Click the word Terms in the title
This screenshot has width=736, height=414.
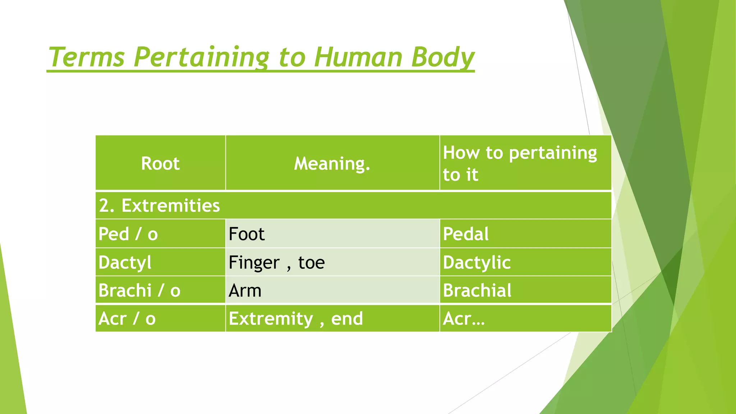[86, 57]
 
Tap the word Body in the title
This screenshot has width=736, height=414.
[443, 57]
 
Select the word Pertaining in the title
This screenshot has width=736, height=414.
[201, 57]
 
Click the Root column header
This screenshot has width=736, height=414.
[160, 164]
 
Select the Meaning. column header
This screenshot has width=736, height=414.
[332, 164]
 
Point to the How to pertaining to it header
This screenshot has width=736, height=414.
[520, 164]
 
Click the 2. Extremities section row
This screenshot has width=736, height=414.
[159, 206]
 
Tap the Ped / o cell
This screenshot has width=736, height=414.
[128, 234]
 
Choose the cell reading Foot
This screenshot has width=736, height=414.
[247, 234]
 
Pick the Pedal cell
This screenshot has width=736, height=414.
[466, 234]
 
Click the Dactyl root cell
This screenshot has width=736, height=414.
[125, 262]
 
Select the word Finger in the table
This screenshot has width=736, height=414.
[254, 262]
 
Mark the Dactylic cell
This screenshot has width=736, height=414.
[477, 262]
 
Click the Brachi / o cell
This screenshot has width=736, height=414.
[139, 290]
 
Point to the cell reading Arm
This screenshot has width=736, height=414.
[245, 290]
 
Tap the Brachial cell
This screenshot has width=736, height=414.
[477, 290]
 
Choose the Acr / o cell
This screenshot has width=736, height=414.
[127, 318]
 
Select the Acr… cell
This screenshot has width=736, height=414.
[464, 318]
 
